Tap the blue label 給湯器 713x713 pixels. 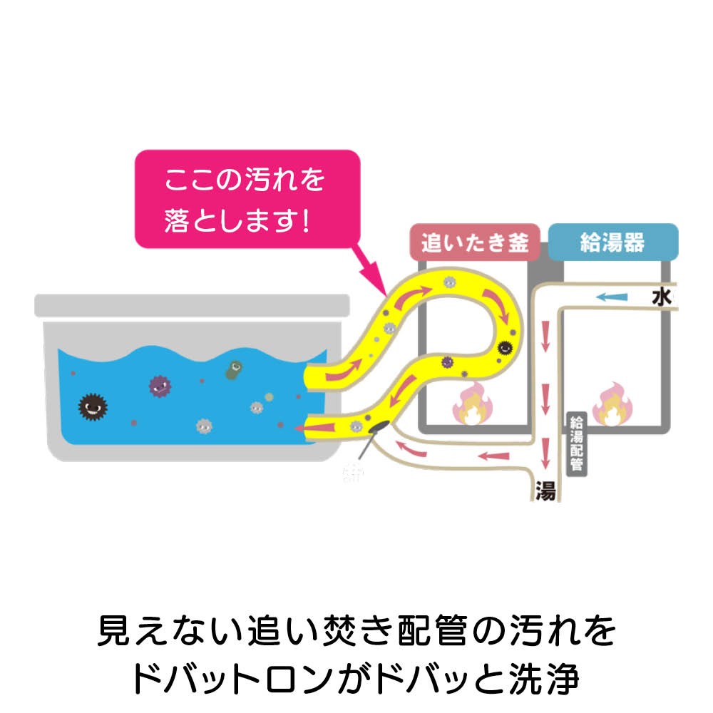(612, 243)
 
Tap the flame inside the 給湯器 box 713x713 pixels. (612, 405)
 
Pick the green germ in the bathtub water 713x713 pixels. (233, 369)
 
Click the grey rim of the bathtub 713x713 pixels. (193, 305)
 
